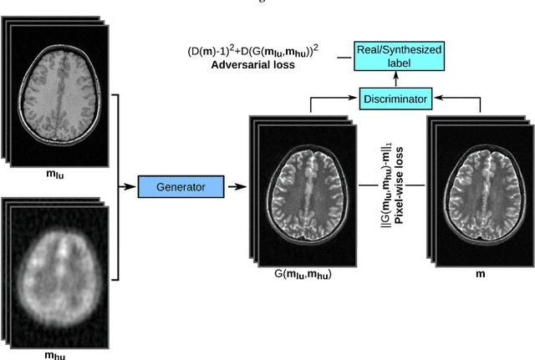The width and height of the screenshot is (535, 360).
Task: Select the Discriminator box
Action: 395,99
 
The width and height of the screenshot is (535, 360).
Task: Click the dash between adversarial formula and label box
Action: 342,57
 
